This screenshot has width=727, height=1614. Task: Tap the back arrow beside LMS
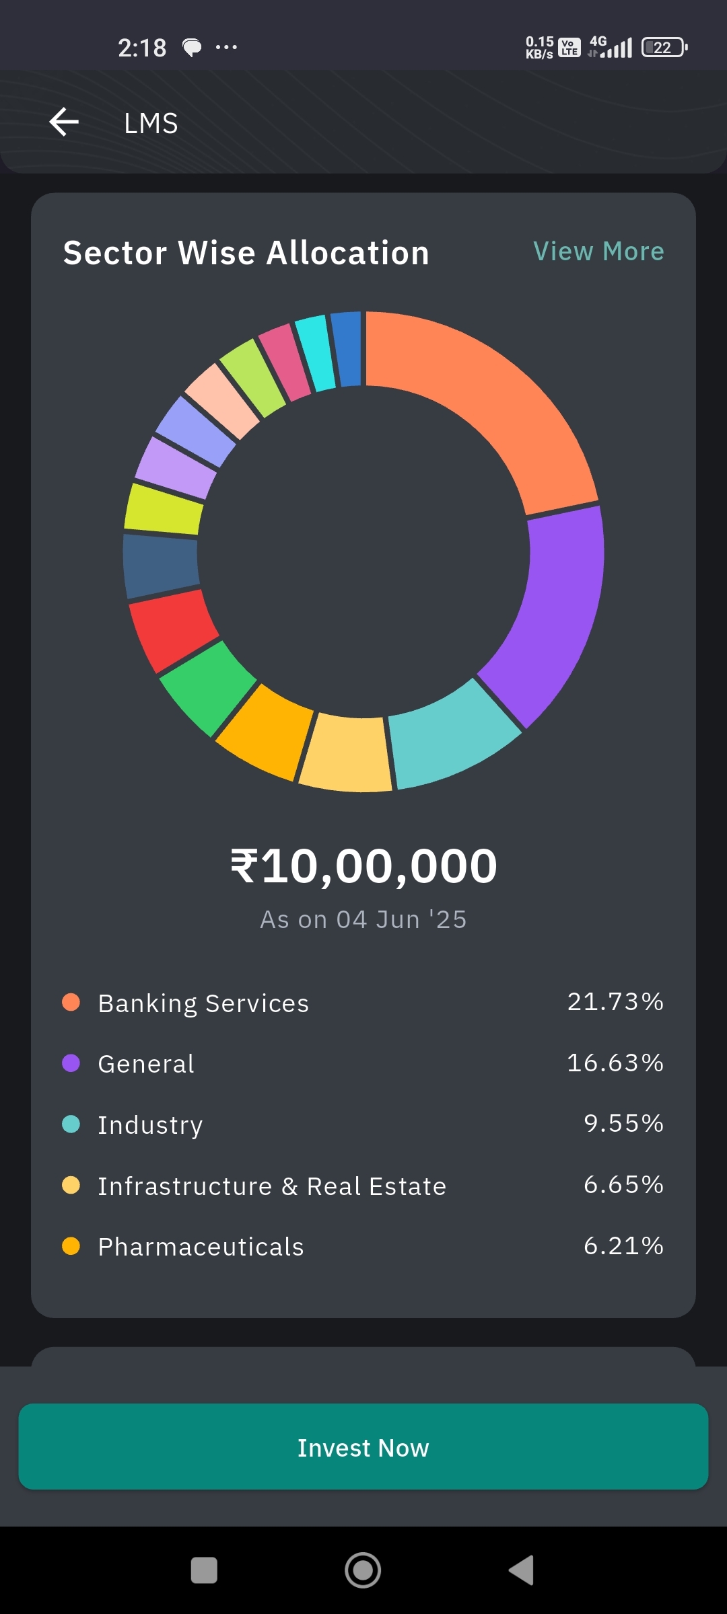65,122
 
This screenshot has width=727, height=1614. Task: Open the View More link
598,252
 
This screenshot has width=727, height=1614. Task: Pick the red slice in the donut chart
172,629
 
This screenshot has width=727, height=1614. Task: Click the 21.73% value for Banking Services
615,1002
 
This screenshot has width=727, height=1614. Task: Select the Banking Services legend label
203,1003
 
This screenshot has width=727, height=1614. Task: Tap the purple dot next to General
71,1063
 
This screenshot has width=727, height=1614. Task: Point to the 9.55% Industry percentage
623,1124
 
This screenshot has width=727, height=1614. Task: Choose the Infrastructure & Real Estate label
272,1186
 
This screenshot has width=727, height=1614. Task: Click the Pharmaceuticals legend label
201,1247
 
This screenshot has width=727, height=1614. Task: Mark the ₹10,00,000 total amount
363,866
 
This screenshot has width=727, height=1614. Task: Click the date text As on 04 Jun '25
363,919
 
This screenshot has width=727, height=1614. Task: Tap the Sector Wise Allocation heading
246,253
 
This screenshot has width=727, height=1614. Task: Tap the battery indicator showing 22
664,47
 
